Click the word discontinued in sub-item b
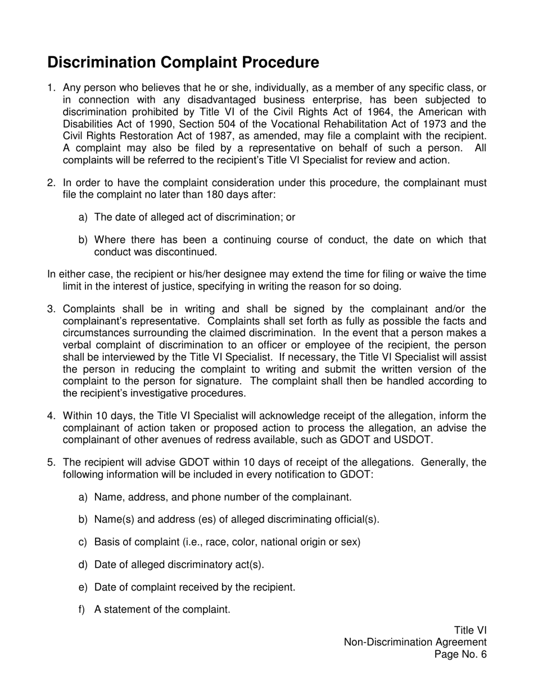tap(184, 252)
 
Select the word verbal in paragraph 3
tap(78, 346)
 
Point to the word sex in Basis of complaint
tap(351, 542)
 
